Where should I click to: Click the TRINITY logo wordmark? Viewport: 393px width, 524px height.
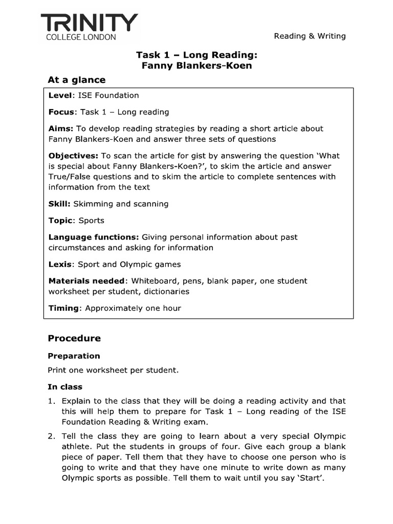pos(89,23)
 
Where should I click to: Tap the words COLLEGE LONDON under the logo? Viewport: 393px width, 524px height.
pos(81,37)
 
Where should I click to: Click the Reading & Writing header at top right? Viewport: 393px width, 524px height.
pos(310,36)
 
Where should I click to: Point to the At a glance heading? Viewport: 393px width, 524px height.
pos(76,80)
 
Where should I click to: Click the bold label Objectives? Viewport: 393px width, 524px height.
pos(73,156)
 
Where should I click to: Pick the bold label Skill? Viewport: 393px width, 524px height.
pos(59,204)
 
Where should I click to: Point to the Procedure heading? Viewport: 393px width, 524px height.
pos(74,338)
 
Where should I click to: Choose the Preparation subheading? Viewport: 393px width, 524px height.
pos(74,356)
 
